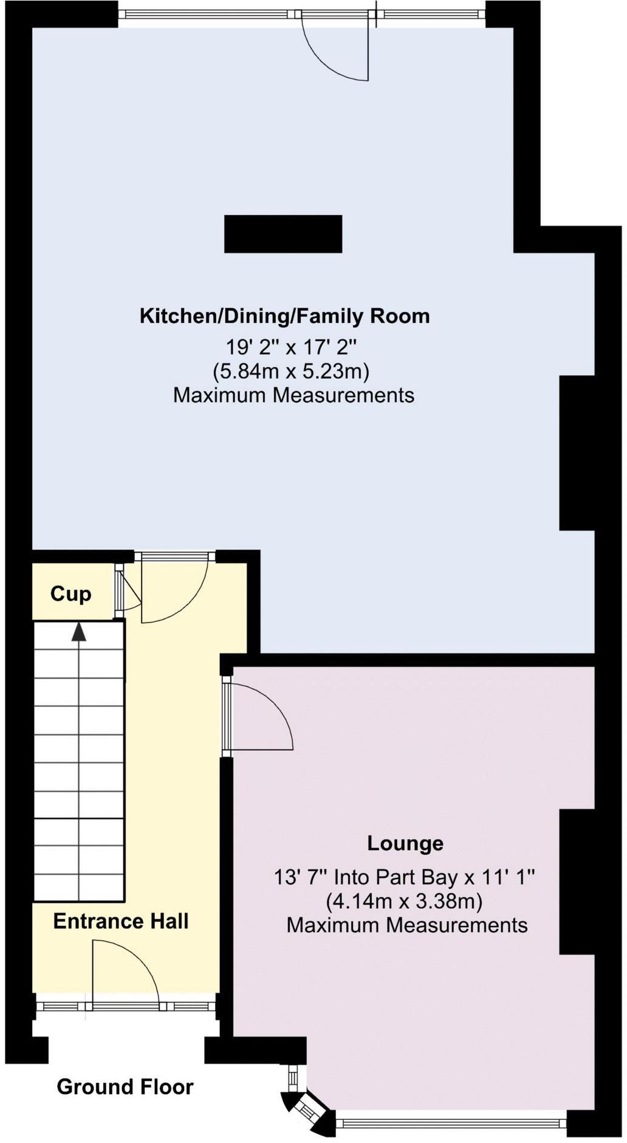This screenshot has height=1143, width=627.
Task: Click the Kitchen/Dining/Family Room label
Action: (284, 316)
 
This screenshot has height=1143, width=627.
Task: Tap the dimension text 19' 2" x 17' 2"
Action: (291, 348)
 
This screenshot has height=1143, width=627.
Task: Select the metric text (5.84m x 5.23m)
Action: (291, 371)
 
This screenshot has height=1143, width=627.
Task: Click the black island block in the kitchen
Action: (283, 233)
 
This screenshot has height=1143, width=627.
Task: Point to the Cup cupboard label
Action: (70, 594)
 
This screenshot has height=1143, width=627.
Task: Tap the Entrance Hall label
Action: (120, 921)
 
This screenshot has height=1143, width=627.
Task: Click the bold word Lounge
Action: (405, 843)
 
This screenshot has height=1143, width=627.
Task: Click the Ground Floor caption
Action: (125, 1086)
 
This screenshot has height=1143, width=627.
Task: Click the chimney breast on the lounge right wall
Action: (576, 882)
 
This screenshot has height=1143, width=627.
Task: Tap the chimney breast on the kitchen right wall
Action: (576, 453)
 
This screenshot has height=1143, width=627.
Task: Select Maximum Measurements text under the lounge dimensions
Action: (406, 925)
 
